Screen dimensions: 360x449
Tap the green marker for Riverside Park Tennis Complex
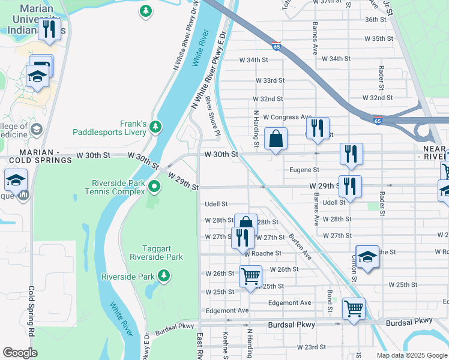coord(155,187)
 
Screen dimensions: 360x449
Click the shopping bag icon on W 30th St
coord(276,139)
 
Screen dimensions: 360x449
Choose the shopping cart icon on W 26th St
coord(251,277)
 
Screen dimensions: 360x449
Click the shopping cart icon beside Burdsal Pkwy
coord(354,310)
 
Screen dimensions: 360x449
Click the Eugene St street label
coord(304,170)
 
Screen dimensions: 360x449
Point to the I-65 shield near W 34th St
coord(275,46)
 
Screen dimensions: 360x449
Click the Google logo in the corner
coord(20,353)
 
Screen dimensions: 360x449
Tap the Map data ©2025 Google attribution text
coord(412,355)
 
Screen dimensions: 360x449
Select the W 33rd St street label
coord(270,80)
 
